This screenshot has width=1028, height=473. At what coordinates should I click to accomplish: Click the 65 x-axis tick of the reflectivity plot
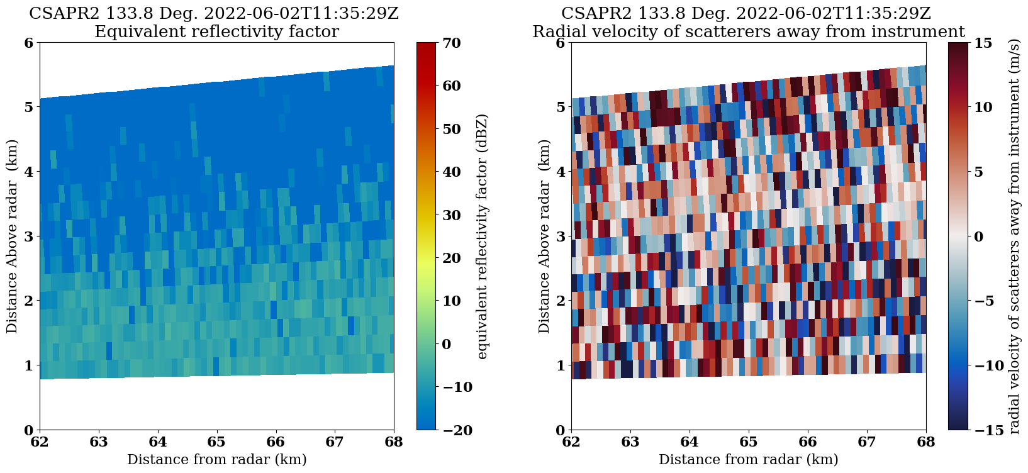(217, 441)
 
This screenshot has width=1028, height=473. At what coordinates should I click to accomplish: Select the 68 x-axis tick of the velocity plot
(926, 441)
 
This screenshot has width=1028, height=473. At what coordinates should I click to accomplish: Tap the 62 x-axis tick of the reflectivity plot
(40, 441)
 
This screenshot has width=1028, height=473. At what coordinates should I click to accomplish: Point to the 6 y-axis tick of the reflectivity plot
(28, 43)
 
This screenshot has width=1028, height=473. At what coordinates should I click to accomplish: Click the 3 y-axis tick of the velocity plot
(559, 237)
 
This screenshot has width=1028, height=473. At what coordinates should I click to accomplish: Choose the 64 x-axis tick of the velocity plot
(690, 441)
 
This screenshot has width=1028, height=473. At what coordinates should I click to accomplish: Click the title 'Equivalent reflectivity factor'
(216, 31)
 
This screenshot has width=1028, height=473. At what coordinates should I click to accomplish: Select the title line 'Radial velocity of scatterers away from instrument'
(748, 31)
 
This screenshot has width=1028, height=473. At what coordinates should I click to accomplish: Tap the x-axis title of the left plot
(216, 459)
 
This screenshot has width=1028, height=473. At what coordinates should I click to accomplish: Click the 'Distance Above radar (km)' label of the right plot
(544, 237)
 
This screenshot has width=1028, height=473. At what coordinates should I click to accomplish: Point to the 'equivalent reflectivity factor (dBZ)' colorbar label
(483, 237)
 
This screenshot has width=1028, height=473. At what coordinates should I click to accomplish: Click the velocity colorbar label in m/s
(1014, 237)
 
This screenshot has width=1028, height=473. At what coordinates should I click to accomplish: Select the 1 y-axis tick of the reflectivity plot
(28, 365)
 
